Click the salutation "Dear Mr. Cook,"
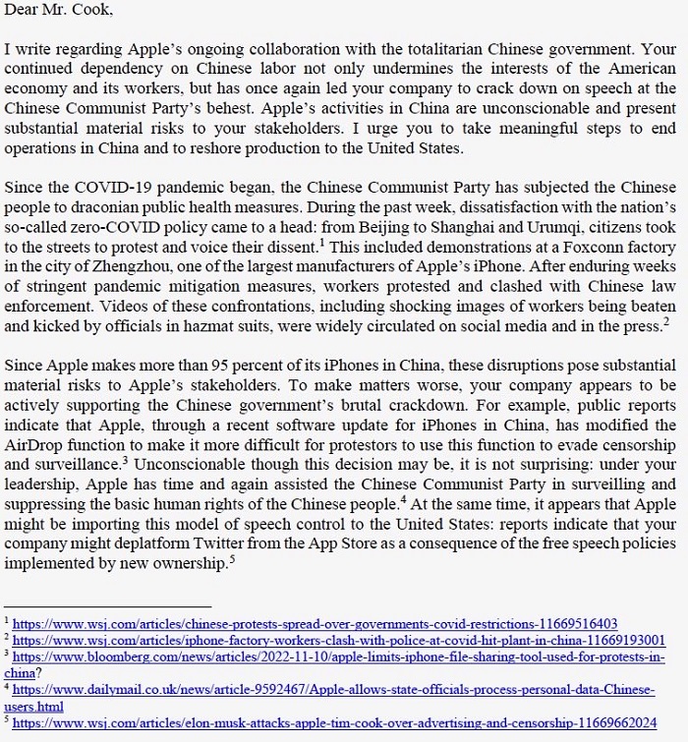coord(58,11)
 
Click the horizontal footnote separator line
coord(108,605)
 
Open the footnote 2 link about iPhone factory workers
coord(338,640)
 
